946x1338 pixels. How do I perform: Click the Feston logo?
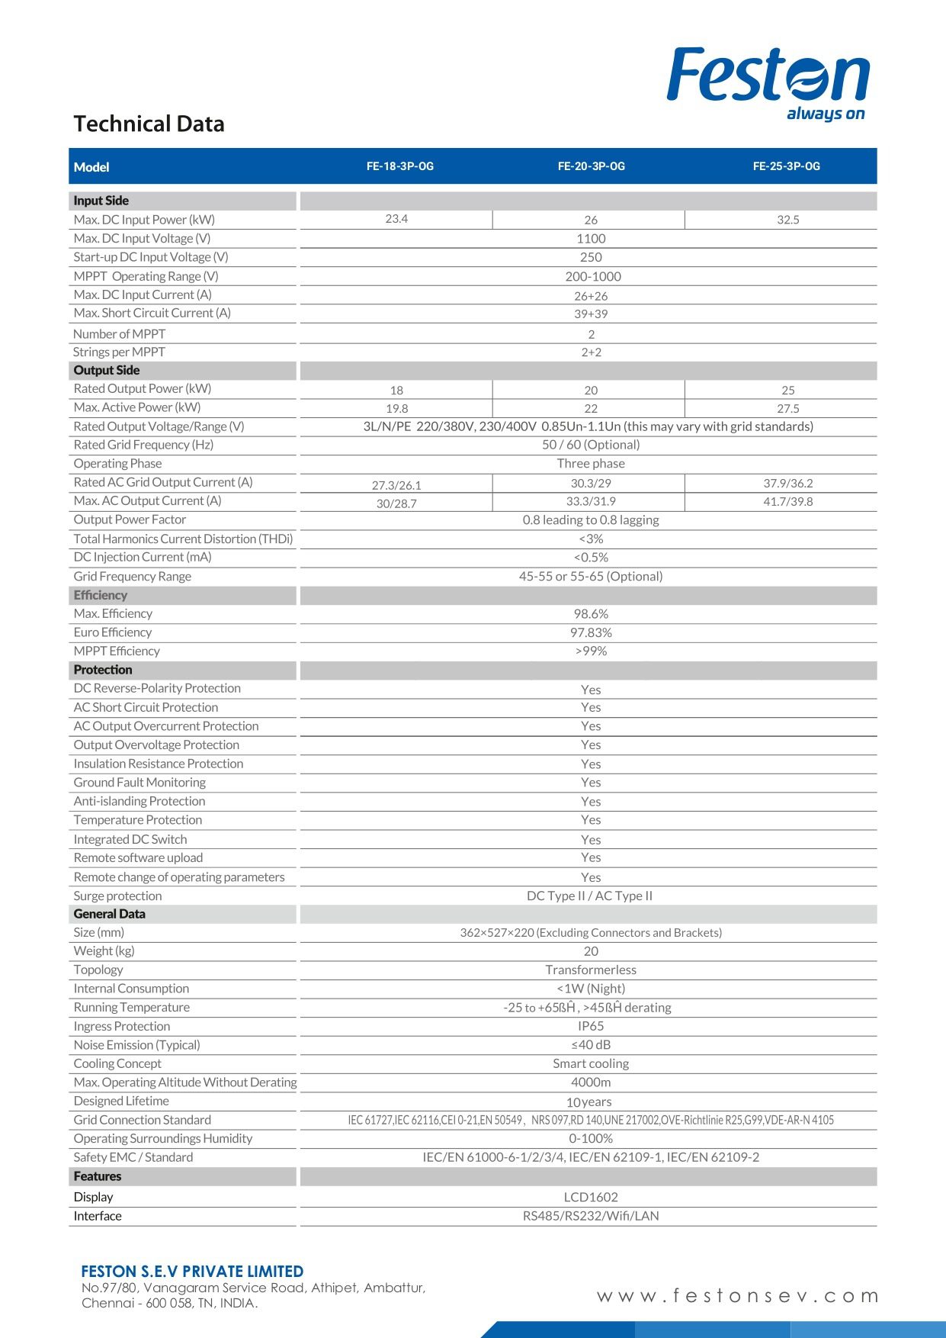point(768,82)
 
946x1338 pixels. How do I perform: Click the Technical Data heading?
point(149,124)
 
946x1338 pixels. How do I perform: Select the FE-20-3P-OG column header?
point(591,166)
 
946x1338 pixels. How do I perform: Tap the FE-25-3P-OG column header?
point(786,166)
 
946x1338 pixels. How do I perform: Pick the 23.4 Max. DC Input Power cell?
point(396,219)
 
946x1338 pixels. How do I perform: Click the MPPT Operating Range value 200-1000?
point(592,276)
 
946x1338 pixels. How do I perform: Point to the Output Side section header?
point(107,371)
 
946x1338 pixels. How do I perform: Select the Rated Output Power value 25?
point(787,390)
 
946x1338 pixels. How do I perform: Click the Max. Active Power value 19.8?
point(396,408)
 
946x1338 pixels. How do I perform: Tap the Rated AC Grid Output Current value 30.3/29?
point(591,483)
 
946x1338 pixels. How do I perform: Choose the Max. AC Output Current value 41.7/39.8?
point(787,501)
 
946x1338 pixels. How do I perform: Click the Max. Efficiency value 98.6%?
point(591,614)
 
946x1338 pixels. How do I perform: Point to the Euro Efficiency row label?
point(113,632)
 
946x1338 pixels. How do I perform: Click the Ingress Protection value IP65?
point(591,1026)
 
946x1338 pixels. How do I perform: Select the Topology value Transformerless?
point(591,970)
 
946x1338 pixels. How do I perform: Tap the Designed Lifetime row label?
point(121,1101)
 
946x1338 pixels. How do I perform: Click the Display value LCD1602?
point(591,1197)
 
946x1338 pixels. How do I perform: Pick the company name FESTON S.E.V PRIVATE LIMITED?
point(192,1272)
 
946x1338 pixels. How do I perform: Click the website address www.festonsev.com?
point(737,1296)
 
